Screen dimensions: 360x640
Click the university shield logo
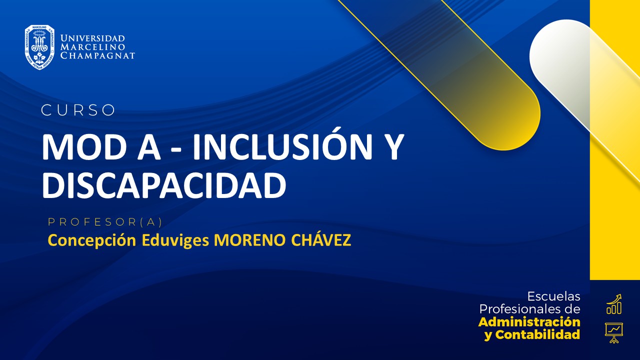(x=39, y=47)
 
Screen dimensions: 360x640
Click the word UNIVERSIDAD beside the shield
(x=92, y=38)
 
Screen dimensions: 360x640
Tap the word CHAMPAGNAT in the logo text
(x=97, y=55)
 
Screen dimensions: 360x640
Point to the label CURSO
(x=78, y=110)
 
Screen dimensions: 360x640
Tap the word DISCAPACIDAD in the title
(x=164, y=185)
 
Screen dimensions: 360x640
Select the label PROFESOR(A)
(x=105, y=221)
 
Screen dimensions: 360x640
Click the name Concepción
(x=91, y=240)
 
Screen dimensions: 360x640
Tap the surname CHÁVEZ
(x=319, y=240)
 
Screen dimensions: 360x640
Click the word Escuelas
(x=554, y=296)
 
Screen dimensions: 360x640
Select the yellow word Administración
(x=529, y=321)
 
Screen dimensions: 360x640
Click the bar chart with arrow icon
(x=613, y=304)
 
